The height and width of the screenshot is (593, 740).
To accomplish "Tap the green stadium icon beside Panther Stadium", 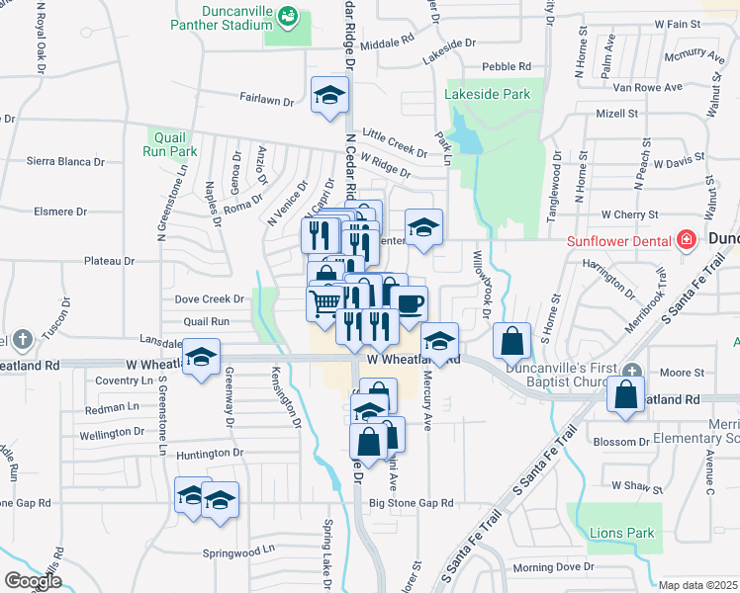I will click(287, 16).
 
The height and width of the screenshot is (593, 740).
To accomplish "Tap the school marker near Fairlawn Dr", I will click(329, 96).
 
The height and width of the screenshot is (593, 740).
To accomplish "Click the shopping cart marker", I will click(324, 304).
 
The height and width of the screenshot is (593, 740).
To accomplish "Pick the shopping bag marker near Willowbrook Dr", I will click(512, 341).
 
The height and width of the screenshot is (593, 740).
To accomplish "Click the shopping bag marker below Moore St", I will click(627, 393).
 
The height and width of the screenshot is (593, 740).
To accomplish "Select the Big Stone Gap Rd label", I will click(412, 503).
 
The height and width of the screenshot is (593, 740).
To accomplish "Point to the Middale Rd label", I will click(387, 42).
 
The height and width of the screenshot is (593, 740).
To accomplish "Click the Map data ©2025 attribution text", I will click(697, 585).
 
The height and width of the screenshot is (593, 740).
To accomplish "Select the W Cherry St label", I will click(630, 214).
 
